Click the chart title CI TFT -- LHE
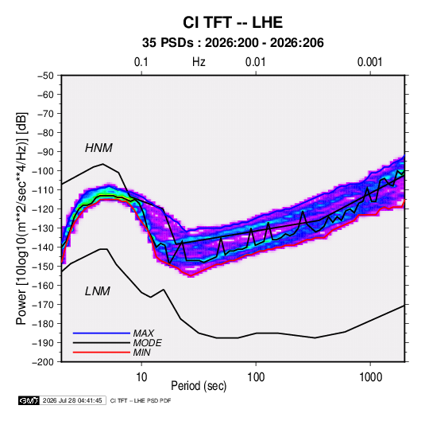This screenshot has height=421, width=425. [x=233, y=22]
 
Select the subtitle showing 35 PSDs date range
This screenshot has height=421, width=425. [x=233, y=43]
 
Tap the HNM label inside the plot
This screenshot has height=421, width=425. [x=99, y=148]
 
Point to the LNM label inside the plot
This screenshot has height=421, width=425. [x=98, y=291]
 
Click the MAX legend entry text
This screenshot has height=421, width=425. [x=143, y=333]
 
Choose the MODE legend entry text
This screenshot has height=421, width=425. [x=148, y=343]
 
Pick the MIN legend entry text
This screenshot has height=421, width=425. [x=141, y=353]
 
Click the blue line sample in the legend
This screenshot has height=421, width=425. [x=102, y=333]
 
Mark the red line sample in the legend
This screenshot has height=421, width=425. [x=102, y=353]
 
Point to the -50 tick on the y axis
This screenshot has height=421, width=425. [x=45, y=76]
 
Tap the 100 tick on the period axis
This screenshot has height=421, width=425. [x=256, y=377]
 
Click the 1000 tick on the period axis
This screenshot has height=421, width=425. [x=370, y=377]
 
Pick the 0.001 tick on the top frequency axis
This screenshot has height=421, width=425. [x=369, y=62]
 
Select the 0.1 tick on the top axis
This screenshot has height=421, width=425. [x=141, y=62]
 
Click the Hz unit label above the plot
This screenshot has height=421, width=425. [x=199, y=62]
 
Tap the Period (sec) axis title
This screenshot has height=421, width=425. [x=199, y=386]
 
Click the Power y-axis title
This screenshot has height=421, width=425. [x=21, y=219]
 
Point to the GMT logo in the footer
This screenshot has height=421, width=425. [x=29, y=400]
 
